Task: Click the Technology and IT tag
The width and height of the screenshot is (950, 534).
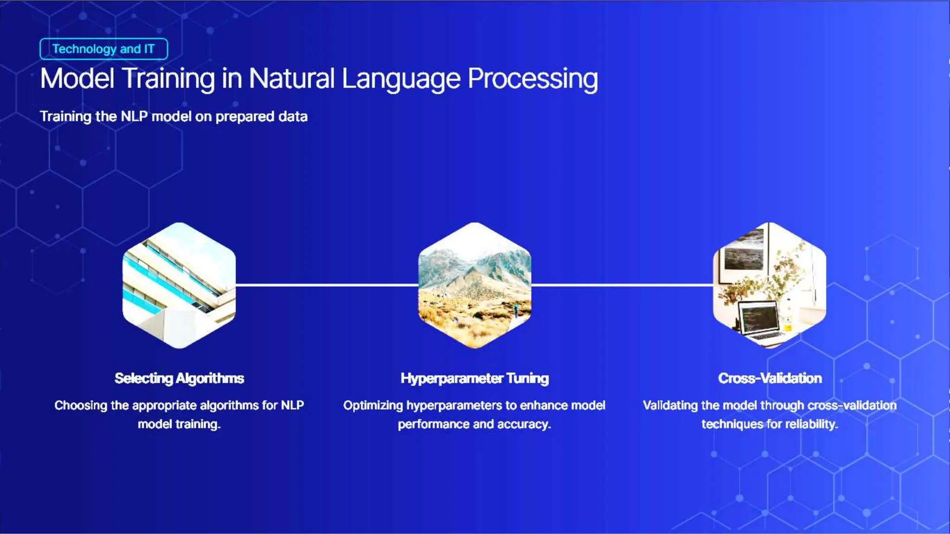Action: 103,49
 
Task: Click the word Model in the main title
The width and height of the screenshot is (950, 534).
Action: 77,78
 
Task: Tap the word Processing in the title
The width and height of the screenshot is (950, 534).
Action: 533,78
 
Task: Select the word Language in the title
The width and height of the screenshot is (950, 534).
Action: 401,78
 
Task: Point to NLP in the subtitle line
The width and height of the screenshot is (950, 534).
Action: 134,116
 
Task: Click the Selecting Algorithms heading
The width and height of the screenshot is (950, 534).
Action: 179,378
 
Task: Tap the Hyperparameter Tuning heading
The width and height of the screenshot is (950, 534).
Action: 475,378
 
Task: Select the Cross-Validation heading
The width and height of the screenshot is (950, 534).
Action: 770,378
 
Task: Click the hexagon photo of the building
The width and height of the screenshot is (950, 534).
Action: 179,285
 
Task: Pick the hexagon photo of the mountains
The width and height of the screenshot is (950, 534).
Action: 475,285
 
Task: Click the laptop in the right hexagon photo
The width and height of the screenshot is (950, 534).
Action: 758,320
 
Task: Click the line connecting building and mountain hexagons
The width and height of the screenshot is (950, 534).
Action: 327,285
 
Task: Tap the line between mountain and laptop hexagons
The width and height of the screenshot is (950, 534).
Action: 622,285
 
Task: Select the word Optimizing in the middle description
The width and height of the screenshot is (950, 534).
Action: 373,406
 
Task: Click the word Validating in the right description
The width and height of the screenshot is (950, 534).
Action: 670,406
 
